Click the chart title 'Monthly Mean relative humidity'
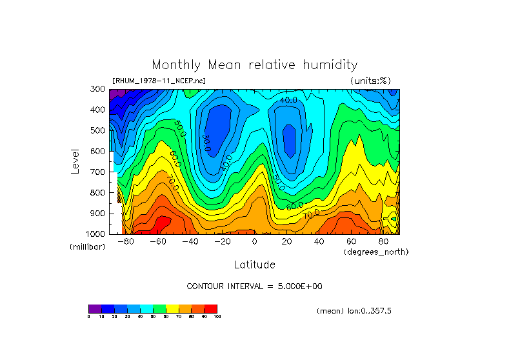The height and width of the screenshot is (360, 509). tap(254, 65)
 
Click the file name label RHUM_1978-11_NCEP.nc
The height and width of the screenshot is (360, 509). tap(159, 81)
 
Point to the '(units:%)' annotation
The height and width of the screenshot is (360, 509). tap(370, 81)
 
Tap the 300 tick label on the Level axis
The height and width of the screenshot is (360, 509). tap(97, 89)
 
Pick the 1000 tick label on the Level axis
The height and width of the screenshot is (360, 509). tap(95, 234)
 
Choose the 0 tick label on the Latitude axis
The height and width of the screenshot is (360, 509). tap(254, 242)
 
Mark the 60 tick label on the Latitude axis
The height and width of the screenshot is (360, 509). tap(351, 242)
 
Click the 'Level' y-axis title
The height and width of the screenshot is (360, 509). tap(76, 161)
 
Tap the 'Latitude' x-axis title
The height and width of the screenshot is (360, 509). tap(254, 265)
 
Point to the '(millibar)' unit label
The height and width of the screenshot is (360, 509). tap(87, 247)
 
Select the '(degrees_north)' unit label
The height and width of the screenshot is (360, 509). tap(375, 252)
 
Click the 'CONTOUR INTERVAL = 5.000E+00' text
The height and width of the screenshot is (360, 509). tap(254, 286)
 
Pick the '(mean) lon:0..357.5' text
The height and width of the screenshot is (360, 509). tap(354, 311)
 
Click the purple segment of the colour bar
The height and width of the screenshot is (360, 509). tap(95, 308)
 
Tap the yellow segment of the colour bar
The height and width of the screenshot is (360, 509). tap(172, 308)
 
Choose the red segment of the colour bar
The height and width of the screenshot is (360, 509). tap(211, 308)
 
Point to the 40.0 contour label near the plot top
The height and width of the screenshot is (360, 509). tap(288, 101)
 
